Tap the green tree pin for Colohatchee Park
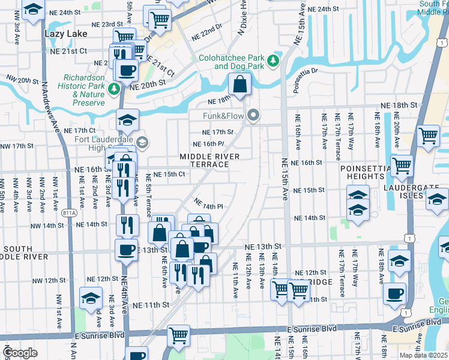(x=273, y=61)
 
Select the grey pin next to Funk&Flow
(x=255, y=114)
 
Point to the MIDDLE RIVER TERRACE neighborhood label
(x=209, y=160)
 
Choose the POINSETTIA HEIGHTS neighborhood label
(x=362, y=173)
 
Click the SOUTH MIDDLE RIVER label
(x=25, y=253)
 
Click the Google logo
(x=20, y=352)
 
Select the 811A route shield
(x=69, y=212)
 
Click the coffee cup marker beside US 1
(x=395, y=293)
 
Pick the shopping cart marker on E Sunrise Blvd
(x=178, y=335)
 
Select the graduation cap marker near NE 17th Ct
(x=127, y=120)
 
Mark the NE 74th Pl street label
(x=208, y=204)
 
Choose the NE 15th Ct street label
(x=168, y=174)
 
